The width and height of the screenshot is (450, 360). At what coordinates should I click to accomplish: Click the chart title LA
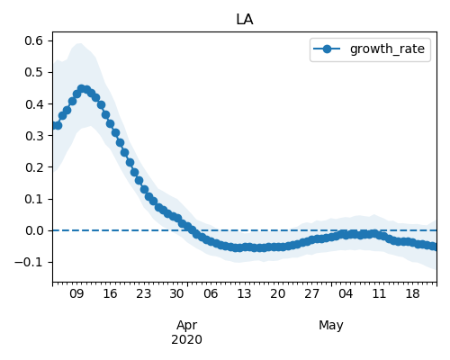[x=245, y=20]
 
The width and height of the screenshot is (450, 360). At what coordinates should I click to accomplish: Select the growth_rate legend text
[x=387, y=49]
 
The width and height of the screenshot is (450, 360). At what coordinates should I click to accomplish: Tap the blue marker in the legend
[x=327, y=49]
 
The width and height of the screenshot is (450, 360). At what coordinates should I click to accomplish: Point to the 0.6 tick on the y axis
[x=34, y=40]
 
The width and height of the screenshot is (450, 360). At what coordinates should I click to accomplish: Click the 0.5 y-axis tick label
[x=34, y=72]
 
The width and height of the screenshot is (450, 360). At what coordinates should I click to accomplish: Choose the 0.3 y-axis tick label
[x=34, y=136]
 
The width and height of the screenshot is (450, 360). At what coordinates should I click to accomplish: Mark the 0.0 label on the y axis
[x=34, y=230]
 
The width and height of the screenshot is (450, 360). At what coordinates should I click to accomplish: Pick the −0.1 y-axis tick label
[x=29, y=263]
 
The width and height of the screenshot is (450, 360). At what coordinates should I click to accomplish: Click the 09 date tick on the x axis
[x=76, y=293]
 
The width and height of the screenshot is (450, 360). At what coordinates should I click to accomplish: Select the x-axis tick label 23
[x=143, y=293]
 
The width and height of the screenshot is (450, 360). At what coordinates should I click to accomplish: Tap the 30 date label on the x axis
[x=176, y=293]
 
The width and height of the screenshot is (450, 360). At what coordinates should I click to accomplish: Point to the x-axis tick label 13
[x=244, y=293]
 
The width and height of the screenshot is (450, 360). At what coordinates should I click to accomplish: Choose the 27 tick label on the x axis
[x=311, y=293]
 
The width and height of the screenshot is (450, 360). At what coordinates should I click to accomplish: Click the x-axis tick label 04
[x=346, y=293]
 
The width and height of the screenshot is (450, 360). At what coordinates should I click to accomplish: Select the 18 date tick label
[x=412, y=293]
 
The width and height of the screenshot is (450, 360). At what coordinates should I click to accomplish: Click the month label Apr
[x=186, y=326]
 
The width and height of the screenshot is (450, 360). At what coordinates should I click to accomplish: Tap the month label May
[x=331, y=326]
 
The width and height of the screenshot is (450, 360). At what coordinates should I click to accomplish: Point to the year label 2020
[x=186, y=340]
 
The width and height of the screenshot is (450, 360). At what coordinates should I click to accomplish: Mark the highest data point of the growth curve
[x=81, y=89]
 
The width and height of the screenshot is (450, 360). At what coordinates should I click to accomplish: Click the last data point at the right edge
[x=435, y=247]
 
